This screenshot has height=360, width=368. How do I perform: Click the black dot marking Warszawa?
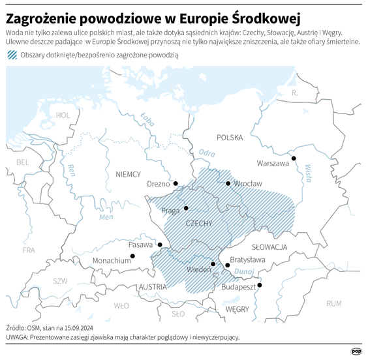pyautogui.click(x=294, y=158)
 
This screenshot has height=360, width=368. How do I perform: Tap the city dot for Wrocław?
pyautogui.click(x=228, y=183)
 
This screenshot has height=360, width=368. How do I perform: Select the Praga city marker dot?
pyautogui.click(x=186, y=208)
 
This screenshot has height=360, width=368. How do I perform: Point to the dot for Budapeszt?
pyautogui.click(x=260, y=285)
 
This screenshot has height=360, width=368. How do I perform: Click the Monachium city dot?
pyautogui.click(x=132, y=256)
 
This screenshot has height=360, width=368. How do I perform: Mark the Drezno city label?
pyautogui.click(x=159, y=184)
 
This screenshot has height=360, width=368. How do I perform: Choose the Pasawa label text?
pyautogui.click(x=140, y=245)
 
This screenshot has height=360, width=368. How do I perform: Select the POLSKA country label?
pyautogui.click(x=230, y=138)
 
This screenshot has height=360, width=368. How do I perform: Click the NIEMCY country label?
pyautogui.click(x=128, y=174)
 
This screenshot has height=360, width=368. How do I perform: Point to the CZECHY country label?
pyautogui.click(x=199, y=224)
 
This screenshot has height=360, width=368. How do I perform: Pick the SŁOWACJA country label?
pyautogui.click(x=269, y=247)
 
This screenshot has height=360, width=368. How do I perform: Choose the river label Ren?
pyautogui.click(x=71, y=171)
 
